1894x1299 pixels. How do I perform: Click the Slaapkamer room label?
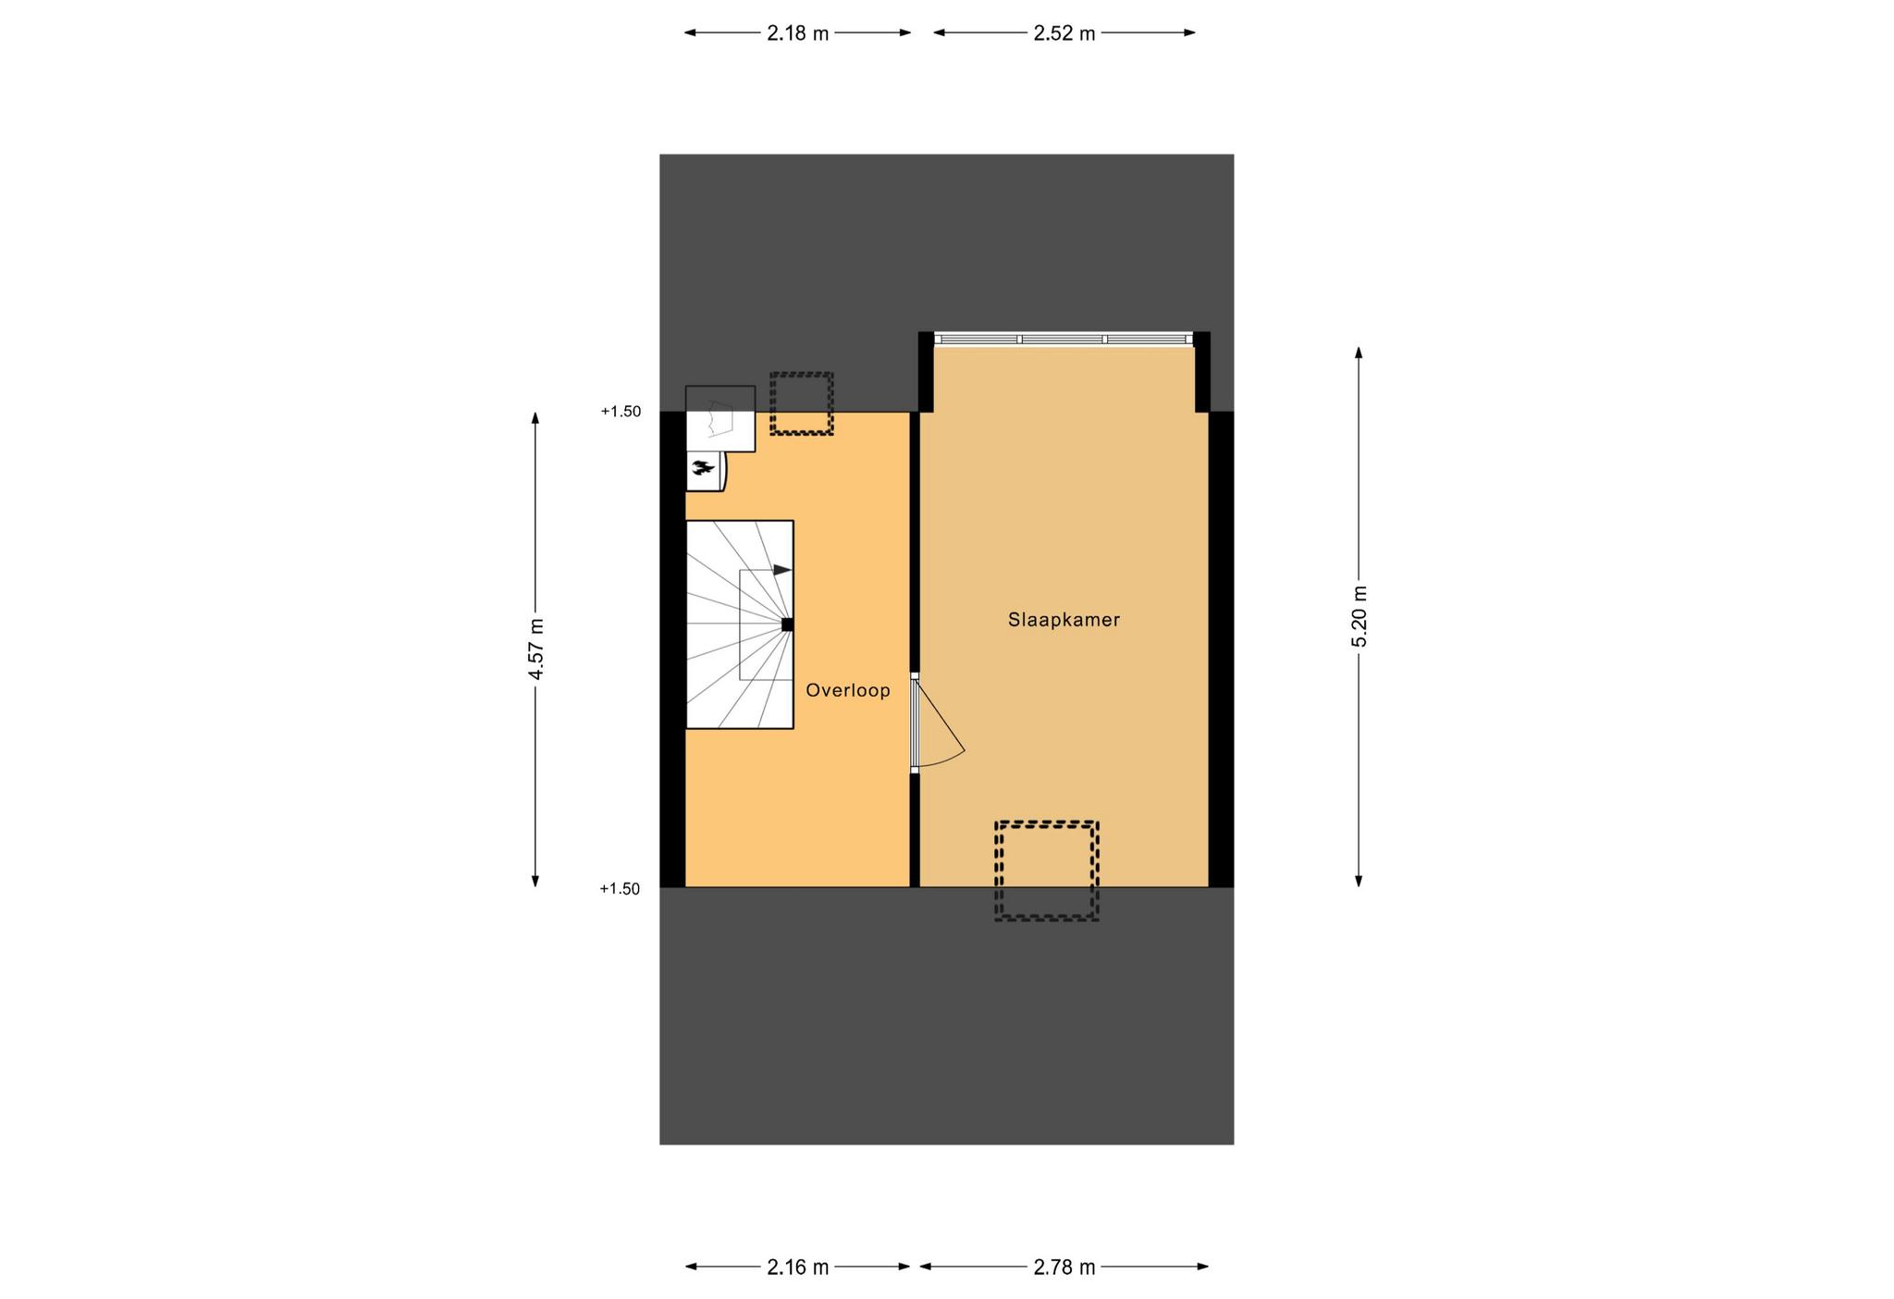click(x=1064, y=620)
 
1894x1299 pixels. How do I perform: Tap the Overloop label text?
click(x=848, y=690)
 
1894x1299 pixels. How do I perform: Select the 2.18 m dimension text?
click(x=797, y=33)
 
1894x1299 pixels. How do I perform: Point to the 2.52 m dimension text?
click(x=1064, y=33)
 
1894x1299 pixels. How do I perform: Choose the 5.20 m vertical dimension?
click(x=1359, y=616)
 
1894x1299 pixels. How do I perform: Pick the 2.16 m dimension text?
click(x=797, y=1268)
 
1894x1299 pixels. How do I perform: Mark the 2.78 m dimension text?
click(x=1064, y=1268)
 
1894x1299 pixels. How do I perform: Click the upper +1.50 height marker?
click(x=621, y=412)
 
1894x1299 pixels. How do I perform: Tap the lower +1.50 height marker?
click(x=621, y=889)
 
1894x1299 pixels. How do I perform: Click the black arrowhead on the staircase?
click(x=782, y=570)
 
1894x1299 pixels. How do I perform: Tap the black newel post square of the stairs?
click(x=787, y=625)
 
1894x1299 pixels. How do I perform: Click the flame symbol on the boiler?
click(x=703, y=469)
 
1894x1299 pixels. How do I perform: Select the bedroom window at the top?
click(x=1064, y=340)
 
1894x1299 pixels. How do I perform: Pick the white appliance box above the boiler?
click(x=720, y=419)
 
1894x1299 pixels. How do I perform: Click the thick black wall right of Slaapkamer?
click(x=1222, y=649)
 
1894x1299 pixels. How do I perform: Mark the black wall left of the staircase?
click(x=672, y=649)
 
